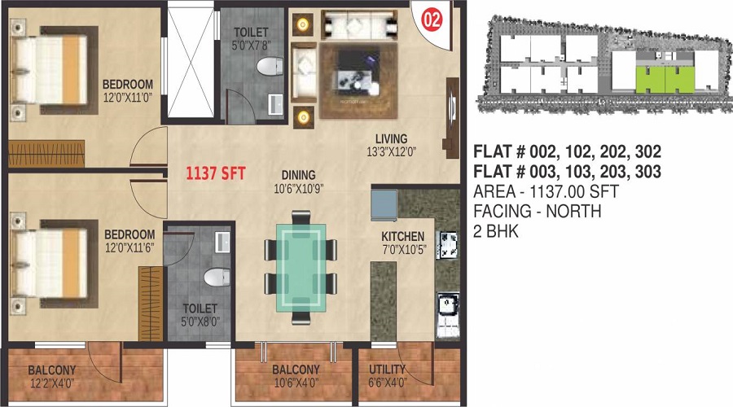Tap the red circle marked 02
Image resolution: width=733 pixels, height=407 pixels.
coord(432,20)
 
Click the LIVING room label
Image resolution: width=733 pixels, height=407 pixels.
coord(391,138)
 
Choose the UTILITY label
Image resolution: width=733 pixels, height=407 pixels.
coord(387,369)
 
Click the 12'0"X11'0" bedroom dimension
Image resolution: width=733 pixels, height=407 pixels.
coord(128,98)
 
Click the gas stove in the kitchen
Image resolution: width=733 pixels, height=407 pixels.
coord(447,242)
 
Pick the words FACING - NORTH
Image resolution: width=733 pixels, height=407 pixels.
coord(538,212)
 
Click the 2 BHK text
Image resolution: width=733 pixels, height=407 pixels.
coord(496,231)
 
